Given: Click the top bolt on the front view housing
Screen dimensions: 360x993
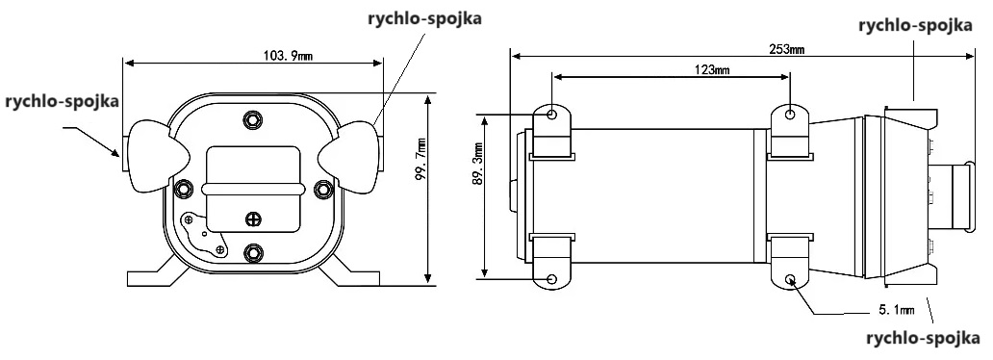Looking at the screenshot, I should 253,119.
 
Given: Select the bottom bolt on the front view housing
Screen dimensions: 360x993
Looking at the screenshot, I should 253,253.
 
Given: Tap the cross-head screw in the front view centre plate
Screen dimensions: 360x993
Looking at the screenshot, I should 253,218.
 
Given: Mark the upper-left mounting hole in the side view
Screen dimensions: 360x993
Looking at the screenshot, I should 552,115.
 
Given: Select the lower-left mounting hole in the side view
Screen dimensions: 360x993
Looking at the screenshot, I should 552,279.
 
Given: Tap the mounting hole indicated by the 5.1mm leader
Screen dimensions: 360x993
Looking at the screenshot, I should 791,280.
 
